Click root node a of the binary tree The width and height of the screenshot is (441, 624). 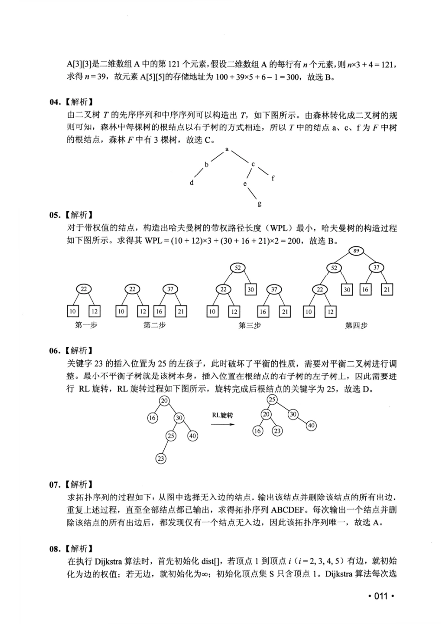click(x=227, y=149)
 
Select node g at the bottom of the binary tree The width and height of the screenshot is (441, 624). click(x=259, y=203)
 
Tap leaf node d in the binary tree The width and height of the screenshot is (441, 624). click(x=192, y=183)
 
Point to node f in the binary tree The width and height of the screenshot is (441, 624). click(x=272, y=178)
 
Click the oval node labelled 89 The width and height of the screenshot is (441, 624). click(x=356, y=251)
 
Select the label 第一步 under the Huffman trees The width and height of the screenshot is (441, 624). click(x=86, y=325)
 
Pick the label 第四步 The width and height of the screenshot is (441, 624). click(x=356, y=325)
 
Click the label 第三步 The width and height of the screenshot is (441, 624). click(x=249, y=325)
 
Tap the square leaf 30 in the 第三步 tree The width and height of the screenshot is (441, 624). click(x=251, y=290)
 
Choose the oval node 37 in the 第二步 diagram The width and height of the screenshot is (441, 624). click(x=170, y=289)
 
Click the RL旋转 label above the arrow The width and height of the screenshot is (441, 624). click(x=223, y=415)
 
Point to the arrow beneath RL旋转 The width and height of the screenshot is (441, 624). click(x=223, y=424)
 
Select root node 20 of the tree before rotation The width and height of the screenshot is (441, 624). click(x=164, y=400)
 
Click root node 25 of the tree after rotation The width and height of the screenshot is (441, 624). click(x=272, y=399)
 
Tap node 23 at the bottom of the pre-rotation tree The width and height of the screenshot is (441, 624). click(x=160, y=458)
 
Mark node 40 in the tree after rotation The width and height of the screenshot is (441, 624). click(x=311, y=425)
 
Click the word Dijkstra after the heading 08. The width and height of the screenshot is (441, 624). click(x=108, y=562)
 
